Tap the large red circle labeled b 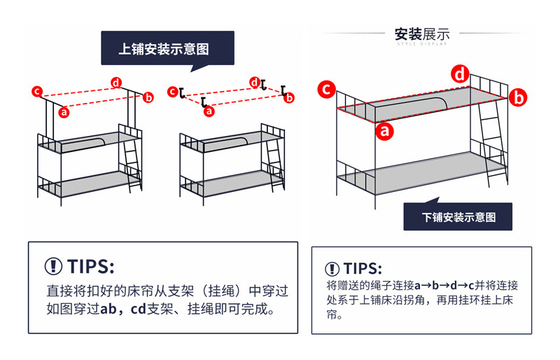(517, 98)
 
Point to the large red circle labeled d (460, 74)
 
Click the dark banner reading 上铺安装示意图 (167, 49)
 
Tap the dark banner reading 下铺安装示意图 (458, 217)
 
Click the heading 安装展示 (421, 34)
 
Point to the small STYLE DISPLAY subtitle (421, 44)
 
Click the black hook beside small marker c (181, 92)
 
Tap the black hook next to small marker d (264, 85)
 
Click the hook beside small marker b (284, 90)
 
